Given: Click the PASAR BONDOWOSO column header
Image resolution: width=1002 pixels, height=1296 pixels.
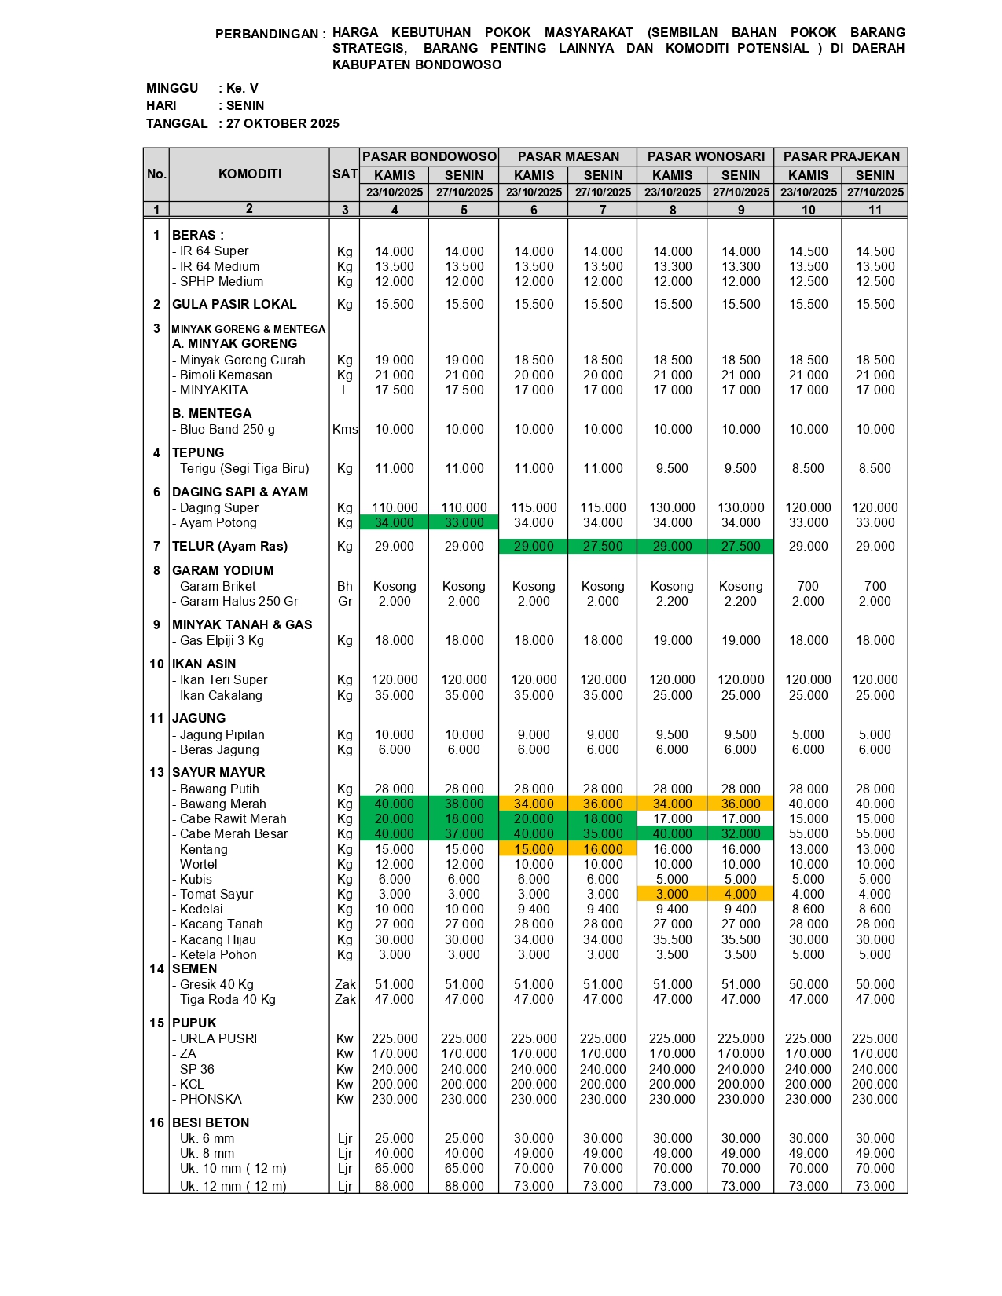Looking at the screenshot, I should pos(429,157).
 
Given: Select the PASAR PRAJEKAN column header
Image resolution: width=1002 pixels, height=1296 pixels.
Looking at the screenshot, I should pos(841,157).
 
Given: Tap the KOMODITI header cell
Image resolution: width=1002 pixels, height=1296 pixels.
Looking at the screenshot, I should pos(249,174).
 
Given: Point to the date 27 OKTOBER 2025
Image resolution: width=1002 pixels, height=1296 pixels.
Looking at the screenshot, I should pos(283,123).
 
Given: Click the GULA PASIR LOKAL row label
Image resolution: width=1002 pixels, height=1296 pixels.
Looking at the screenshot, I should pos(234,305).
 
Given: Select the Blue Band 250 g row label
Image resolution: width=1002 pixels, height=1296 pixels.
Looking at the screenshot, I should pos(227,430).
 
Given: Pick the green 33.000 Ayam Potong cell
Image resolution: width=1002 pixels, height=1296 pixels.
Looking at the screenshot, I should pos(464,523).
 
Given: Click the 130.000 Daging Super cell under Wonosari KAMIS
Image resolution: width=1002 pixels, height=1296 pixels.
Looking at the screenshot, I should pos(672,508).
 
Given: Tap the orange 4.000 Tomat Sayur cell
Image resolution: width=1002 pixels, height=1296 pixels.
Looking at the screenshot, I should pos(740,895).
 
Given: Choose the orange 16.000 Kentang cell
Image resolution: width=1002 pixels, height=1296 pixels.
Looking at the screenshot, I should pos(603,849).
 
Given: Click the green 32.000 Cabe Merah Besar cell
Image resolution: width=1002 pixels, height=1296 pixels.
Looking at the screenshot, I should pos(740,834).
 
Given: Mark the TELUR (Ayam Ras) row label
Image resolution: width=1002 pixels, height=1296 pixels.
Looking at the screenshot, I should pos(229,547).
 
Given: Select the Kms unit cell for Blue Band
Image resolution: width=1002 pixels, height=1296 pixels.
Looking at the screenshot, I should pos(345,430).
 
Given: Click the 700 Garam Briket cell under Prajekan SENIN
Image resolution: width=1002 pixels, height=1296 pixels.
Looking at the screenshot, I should pos(875,587).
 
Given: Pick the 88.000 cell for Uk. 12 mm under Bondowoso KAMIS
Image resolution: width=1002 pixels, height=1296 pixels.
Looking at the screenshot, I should pos(395,1187).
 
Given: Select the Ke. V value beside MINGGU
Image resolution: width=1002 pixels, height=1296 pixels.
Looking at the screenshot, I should pos(242,89).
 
